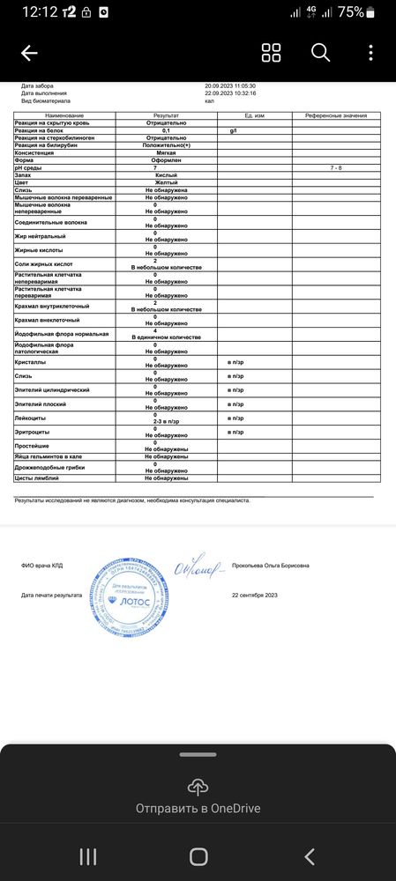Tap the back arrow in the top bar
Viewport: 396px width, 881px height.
click(29, 54)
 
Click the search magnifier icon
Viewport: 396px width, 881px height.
click(320, 53)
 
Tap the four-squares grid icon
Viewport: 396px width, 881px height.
click(272, 53)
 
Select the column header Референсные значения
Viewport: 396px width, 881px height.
click(336, 116)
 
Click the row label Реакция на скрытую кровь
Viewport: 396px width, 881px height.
click(53, 123)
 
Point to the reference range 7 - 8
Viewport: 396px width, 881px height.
click(336, 167)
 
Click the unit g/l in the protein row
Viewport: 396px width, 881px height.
click(234, 130)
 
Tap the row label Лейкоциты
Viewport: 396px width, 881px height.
click(31, 418)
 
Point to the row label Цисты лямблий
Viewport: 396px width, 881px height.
click(37, 478)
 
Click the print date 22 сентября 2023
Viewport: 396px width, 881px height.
click(254, 596)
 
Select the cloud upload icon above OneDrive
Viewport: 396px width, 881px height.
click(198, 786)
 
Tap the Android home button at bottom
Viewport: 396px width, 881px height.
click(198, 856)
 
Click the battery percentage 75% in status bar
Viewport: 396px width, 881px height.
click(350, 12)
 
